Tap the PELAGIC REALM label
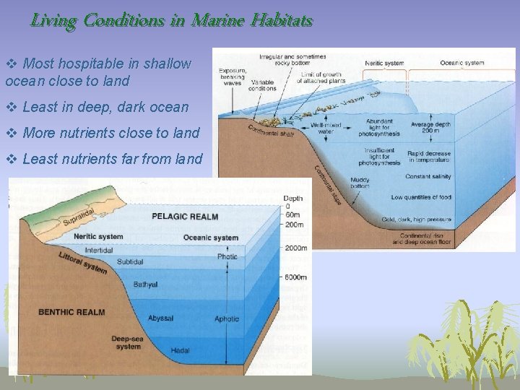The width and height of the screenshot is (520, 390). coord(185,217)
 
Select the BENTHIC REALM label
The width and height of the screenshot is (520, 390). coord(71,312)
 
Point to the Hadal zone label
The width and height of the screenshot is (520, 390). coord(181,351)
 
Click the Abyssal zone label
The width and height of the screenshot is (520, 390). coord(160,318)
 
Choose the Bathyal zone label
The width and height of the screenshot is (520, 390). coord(145,285)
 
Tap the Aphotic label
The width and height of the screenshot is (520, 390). coord(227,318)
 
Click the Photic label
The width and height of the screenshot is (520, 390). coord(227,256)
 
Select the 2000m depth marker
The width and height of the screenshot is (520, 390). coord(295,248)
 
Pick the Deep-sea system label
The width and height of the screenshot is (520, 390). coord(127,342)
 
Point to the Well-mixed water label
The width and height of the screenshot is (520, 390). coord(326,129)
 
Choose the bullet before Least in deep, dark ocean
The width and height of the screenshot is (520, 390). coord(11,108)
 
